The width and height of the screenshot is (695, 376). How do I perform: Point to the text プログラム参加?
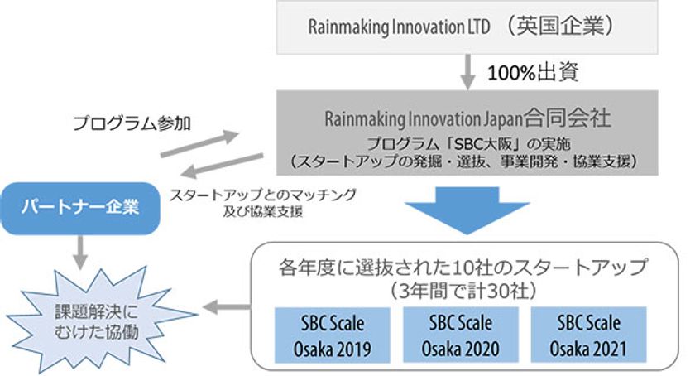coord(132,124)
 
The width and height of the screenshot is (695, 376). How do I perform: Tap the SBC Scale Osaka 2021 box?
coord(578,333)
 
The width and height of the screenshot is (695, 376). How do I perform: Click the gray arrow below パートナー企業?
coord(79,249)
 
